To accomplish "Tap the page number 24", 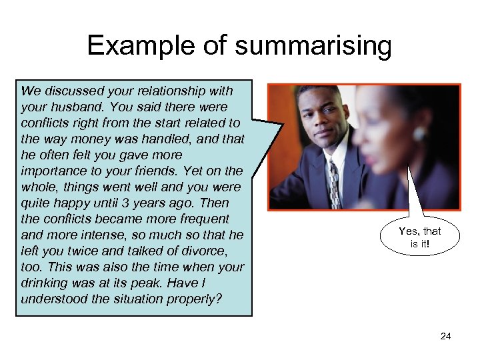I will coord(446,336).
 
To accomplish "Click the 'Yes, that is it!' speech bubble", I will coord(420,237).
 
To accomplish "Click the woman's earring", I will coord(419,134).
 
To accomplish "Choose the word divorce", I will coord(204,251).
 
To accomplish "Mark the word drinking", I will coord(45,283).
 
